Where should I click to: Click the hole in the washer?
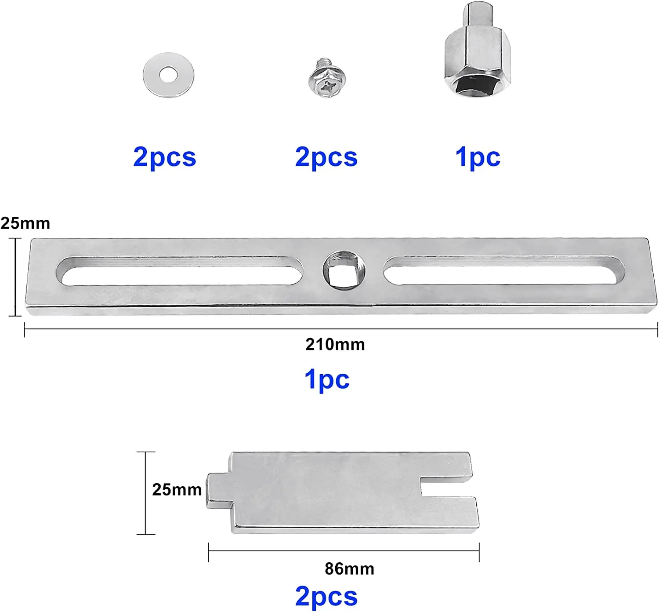tap(168, 75)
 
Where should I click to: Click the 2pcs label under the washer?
tap(164, 157)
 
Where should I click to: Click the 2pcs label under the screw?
tap(326, 157)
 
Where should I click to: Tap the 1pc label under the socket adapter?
tap(478, 157)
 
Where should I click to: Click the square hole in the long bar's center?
tap(344, 271)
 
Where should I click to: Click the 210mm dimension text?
tap(335, 345)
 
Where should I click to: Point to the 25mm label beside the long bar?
tap(25, 223)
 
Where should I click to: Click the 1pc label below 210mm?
tap(327, 379)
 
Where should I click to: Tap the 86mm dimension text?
tap(350, 569)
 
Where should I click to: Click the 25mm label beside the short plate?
tap(177, 490)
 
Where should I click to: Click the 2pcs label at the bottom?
tap(326, 597)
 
